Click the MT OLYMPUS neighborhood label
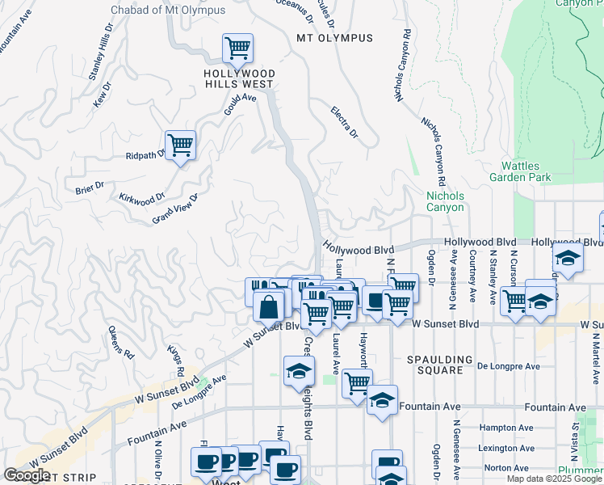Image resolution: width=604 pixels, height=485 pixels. (x=334, y=38)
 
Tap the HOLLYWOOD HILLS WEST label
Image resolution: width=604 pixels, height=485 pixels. (x=238, y=78)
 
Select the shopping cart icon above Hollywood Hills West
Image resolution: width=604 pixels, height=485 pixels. (x=237, y=48)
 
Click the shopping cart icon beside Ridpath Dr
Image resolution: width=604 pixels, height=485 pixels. (x=181, y=145)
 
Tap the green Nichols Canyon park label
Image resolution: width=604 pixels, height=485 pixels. (x=445, y=201)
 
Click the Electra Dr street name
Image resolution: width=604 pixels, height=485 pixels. (x=344, y=122)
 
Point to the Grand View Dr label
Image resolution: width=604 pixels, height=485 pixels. (x=175, y=209)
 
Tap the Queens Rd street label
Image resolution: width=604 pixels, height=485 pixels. (x=120, y=342)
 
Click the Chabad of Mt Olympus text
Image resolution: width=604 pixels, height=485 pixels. (x=166, y=9)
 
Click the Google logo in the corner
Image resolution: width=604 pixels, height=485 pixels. (x=27, y=475)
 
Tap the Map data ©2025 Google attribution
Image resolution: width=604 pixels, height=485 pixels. (x=554, y=479)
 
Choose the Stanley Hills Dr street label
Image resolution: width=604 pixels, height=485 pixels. (x=100, y=57)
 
